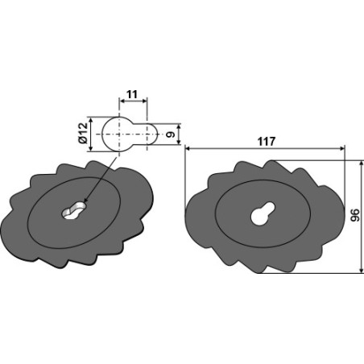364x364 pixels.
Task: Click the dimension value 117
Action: tap(267, 142)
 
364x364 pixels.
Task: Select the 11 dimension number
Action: tap(132, 94)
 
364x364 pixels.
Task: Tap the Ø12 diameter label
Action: tap(84, 133)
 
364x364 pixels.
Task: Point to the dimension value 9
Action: tap(170, 134)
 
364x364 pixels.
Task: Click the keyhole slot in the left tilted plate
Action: tap(73, 210)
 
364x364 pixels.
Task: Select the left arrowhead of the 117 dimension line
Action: tap(188, 148)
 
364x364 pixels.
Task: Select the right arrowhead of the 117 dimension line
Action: tap(342, 148)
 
